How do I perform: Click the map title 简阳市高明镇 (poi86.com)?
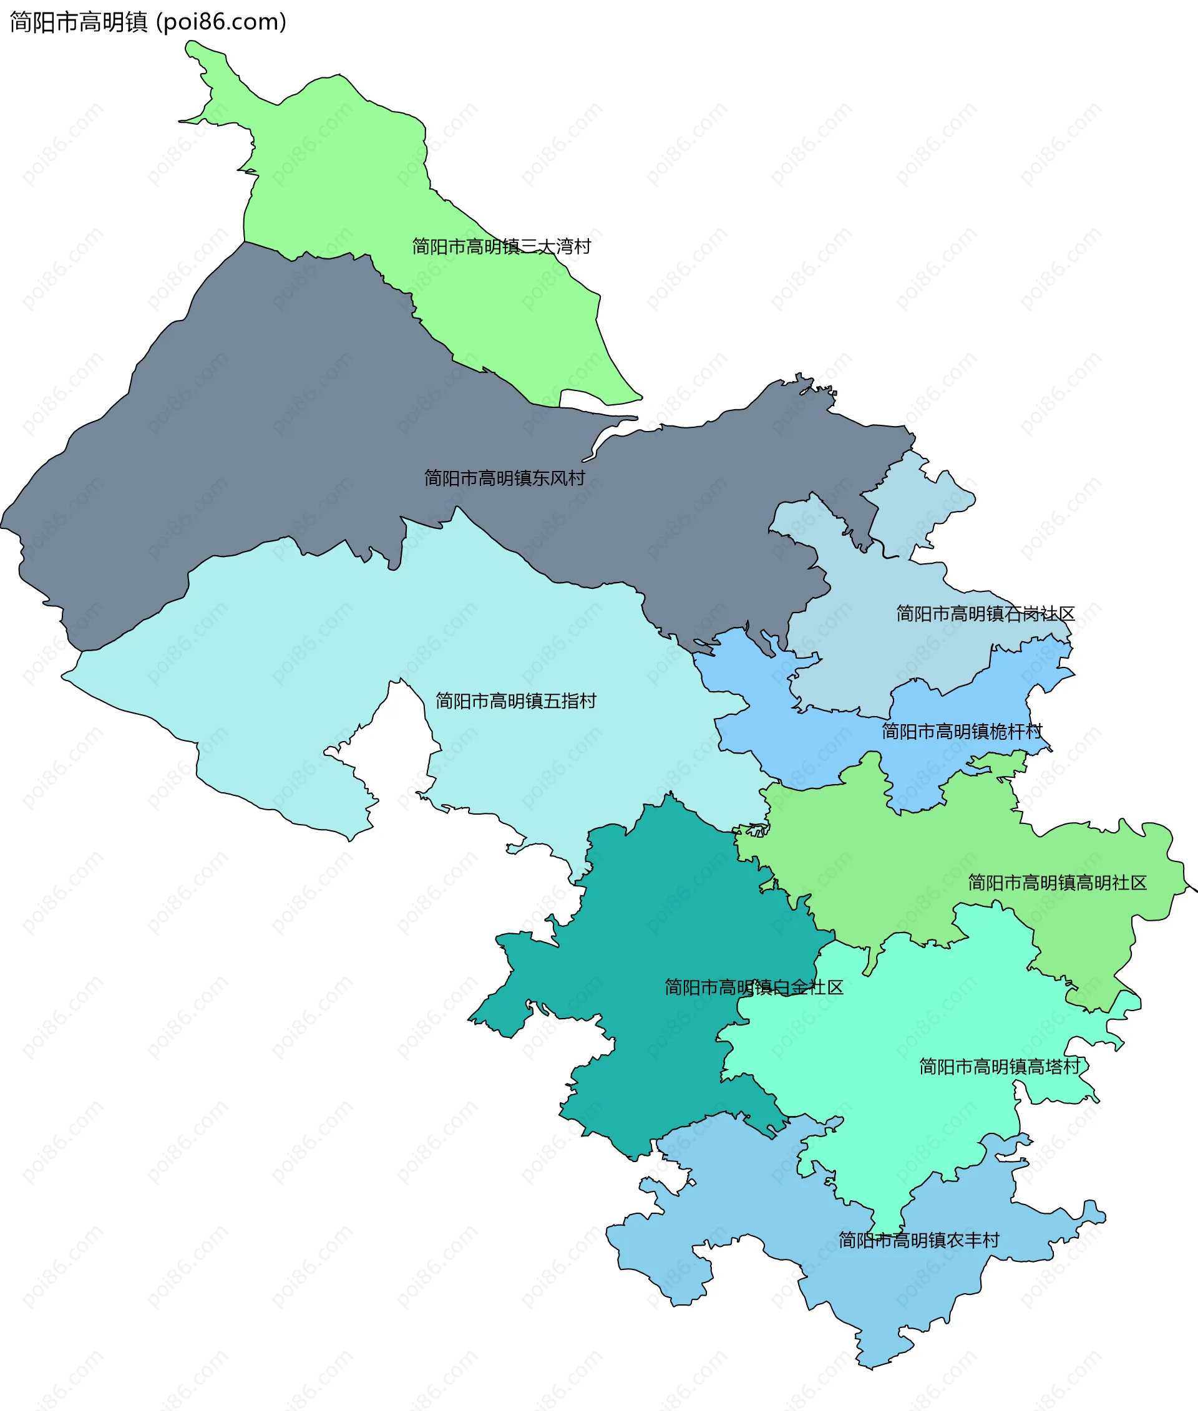click(x=147, y=22)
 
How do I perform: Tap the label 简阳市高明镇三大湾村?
click(x=501, y=246)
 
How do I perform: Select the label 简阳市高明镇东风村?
click(x=505, y=478)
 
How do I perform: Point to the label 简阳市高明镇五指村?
click(x=515, y=701)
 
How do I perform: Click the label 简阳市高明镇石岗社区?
click(x=985, y=614)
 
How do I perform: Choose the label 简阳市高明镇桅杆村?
click(x=962, y=731)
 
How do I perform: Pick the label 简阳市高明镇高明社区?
click(x=1057, y=883)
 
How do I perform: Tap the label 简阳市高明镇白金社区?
click(x=754, y=987)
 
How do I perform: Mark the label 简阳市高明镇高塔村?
click(x=999, y=1067)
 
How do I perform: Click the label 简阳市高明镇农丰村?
click(x=919, y=1241)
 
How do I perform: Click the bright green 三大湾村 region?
click(x=339, y=170)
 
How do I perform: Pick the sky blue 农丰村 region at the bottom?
click(x=883, y=1290)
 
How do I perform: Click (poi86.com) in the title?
click(x=222, y=22)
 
